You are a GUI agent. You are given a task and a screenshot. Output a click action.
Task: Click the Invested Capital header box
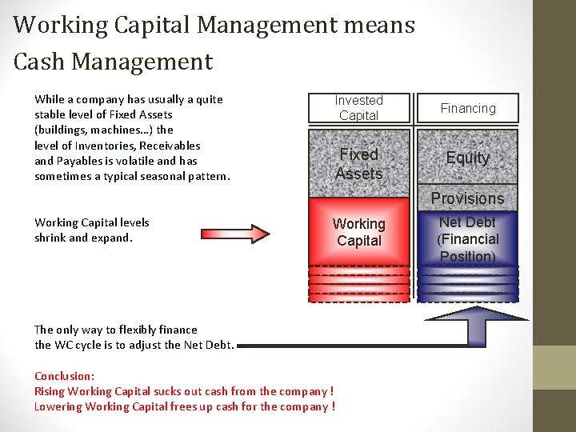359,108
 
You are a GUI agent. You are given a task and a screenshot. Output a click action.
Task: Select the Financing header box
468,108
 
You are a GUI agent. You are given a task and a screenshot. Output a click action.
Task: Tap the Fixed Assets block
359,164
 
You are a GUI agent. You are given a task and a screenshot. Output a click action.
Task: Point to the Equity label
468,158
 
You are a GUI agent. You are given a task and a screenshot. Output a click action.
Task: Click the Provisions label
468,198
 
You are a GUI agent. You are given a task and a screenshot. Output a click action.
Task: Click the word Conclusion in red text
64,376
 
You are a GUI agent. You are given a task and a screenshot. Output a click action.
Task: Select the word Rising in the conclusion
50,391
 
